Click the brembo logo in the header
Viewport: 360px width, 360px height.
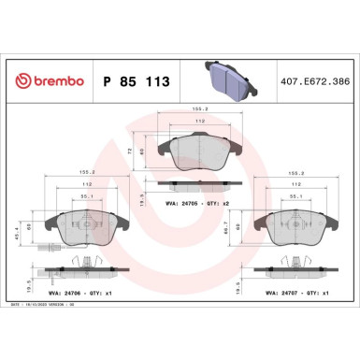coord(46,81)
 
